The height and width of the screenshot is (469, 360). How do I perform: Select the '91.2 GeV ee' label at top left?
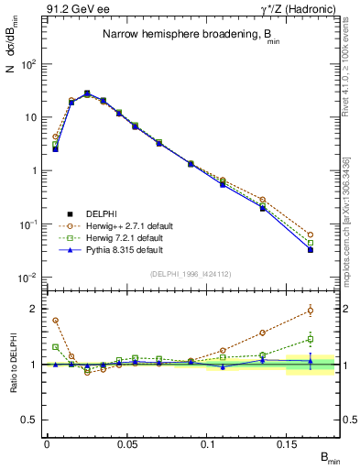pyautogui.click(x=75, y=10)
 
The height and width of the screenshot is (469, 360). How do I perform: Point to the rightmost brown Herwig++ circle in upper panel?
pyautogui.click(x=310, y=235)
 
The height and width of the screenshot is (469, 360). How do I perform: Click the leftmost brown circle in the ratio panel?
pyautogui.click(x=55, y=321)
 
